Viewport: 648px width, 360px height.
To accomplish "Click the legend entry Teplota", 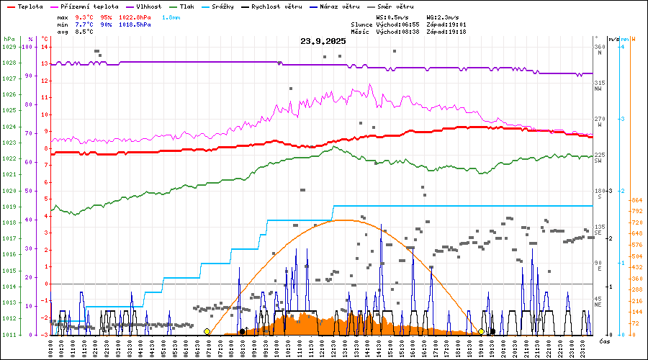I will pos(30,6).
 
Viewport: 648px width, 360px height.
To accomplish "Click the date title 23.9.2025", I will pos(323,41).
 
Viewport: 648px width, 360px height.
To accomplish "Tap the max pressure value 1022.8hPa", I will pos(135,17).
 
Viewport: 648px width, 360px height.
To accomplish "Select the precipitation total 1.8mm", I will pos(171,17).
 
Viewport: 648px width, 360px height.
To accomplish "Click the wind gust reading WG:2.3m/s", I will pos(443,17).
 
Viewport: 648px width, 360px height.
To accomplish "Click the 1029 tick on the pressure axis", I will pos(9,47).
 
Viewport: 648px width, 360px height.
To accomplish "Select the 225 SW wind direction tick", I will pos(598,158).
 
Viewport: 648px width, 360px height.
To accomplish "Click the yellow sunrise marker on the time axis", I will pos(207,332).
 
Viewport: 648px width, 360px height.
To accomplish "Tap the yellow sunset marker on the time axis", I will pos(481,332).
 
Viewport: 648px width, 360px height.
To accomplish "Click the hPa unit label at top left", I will pos(9,38).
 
